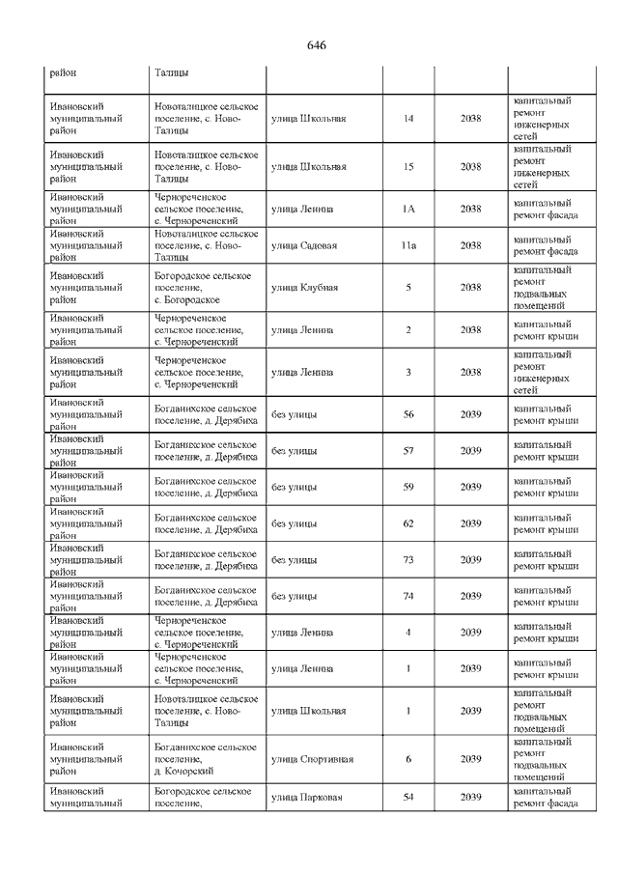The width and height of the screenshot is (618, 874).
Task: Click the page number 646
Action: (x=317, y=45)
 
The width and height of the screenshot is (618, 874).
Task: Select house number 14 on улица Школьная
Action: (x=408, y=118)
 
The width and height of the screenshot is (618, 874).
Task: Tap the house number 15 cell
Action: (x=408, y=167)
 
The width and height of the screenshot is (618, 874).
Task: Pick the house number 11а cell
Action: (x=408, y=245)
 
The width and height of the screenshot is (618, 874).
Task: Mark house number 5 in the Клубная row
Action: (x=408, y=288)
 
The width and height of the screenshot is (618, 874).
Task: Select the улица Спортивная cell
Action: (x=312, y=759)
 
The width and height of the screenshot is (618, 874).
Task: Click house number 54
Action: (x=408, y=798)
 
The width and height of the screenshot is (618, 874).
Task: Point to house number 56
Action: (x=408, y=414)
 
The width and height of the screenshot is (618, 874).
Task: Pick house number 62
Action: (x=408, y=523)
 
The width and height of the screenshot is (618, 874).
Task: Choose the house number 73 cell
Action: (x=408, y=560)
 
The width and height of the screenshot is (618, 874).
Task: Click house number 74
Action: (x=408, y=596)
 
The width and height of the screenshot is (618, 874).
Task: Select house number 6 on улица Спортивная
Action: (x=408, y=759)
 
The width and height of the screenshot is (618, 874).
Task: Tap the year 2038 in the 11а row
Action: (x=470, y=245)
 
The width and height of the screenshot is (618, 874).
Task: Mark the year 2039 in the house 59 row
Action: (x=470, y=487)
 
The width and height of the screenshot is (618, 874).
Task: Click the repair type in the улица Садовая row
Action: (x=546, y=245)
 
